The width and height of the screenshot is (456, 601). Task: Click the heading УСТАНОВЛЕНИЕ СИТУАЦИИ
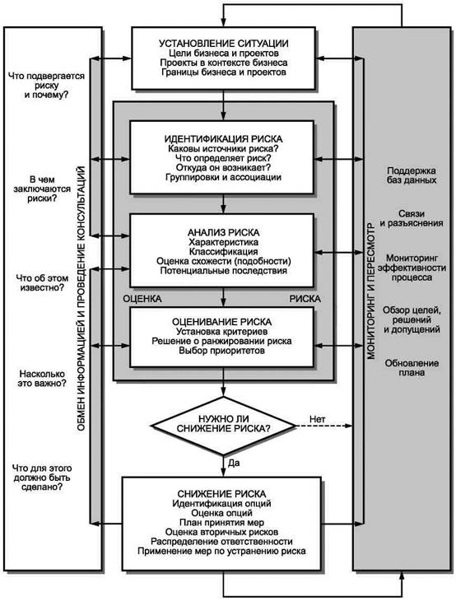[223, 44]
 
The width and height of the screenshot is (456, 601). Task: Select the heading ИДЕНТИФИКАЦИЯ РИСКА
[223, 139]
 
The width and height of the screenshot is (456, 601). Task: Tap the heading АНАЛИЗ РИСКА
[223, 232]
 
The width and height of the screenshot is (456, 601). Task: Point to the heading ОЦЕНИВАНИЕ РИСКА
[222, 322]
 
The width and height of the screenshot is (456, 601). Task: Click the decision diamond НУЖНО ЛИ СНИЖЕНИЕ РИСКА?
[223, 426]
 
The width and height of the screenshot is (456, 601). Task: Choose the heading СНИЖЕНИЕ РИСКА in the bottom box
[222, 494]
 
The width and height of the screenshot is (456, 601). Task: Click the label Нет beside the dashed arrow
[317, 419]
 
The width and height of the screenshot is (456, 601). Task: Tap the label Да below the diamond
[234, 463]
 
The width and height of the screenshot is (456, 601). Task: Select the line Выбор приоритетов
[222, 351]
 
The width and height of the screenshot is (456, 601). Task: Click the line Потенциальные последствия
[223, 271]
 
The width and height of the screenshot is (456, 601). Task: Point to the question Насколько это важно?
[42, 379]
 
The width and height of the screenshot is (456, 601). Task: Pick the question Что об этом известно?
[42, 283]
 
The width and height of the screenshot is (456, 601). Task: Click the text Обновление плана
[412, 368]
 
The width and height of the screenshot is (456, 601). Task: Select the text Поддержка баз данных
[412, 175]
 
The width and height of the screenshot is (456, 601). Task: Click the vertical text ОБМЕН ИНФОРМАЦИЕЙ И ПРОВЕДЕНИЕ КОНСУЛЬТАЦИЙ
[81, 298]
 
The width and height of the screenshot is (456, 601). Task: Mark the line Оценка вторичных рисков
[222, 532]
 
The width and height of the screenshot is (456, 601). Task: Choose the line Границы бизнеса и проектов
[223, 72]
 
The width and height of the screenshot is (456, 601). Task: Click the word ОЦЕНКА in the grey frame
[142, 299]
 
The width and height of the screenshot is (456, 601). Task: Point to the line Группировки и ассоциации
[223, 177]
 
